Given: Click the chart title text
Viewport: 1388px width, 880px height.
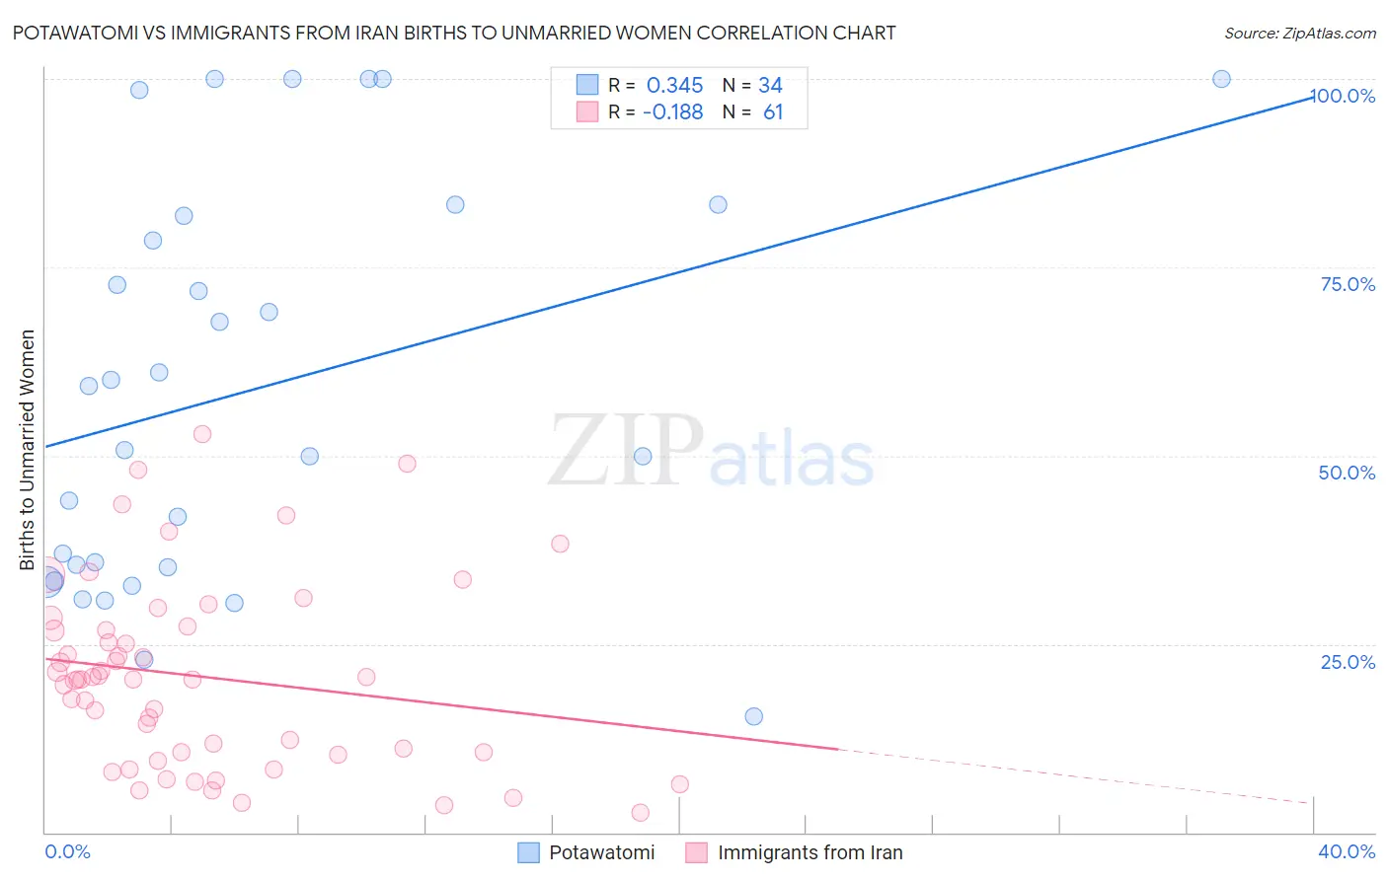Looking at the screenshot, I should [454, 33].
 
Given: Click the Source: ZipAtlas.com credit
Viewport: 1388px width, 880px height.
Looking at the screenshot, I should [1299, 33].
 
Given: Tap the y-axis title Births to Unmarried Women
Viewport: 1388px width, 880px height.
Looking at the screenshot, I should [27, 450].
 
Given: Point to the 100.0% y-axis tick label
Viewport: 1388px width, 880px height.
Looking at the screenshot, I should [1344, 96].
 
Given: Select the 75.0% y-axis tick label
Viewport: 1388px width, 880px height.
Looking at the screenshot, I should [1348, 284].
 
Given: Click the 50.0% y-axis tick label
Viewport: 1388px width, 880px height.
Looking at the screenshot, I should [1347, 473].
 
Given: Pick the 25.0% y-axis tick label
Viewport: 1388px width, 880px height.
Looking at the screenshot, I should [1348, 661].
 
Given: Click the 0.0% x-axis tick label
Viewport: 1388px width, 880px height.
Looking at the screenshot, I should [67, 851].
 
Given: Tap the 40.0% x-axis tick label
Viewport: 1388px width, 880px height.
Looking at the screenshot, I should [1347, 851].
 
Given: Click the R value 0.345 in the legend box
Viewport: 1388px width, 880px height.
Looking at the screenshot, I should [674, 86].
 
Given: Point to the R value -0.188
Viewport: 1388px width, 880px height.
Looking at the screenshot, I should [672, 112].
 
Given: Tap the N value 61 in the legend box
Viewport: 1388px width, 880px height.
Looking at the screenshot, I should [773, 112].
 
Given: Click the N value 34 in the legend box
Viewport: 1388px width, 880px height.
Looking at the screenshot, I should [770, 86].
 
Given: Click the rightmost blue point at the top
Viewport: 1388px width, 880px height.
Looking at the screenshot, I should [1221, 79].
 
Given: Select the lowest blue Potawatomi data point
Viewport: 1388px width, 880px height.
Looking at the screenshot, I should [753, 716].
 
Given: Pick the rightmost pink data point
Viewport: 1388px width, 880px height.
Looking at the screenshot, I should [679, 784].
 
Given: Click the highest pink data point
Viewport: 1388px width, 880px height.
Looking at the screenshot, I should [202, 434].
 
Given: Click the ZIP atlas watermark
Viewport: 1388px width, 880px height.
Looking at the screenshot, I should [711, 452].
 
